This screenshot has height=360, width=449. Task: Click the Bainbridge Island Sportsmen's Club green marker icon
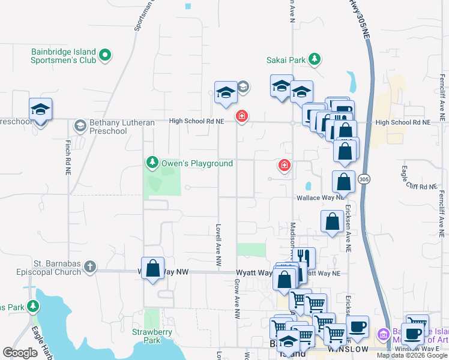105,56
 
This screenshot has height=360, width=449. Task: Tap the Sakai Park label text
286,59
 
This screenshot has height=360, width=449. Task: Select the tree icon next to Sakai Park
313,59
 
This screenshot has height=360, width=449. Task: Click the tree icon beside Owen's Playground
152,162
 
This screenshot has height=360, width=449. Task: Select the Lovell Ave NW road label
219,245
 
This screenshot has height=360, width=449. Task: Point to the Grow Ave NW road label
238,298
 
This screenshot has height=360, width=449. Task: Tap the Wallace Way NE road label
319,197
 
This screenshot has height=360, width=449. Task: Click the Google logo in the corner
20,353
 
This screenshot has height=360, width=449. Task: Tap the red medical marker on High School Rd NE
242,116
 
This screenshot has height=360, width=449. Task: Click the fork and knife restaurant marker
304,257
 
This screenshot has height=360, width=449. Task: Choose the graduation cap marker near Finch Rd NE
40,110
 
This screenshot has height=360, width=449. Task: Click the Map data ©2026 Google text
411,355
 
